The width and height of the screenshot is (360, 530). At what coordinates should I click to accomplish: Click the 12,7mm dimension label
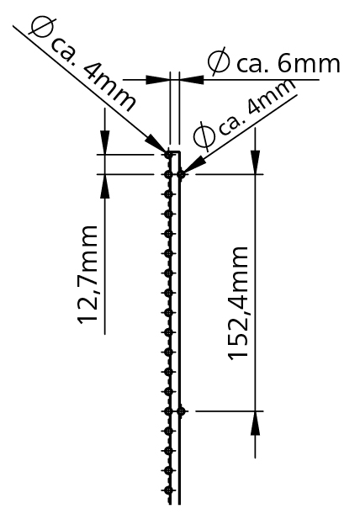coord(87,275)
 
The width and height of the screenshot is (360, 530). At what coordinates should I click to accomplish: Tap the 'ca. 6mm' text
coord(288,64)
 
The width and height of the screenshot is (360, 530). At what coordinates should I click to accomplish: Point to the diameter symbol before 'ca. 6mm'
coord(219,61)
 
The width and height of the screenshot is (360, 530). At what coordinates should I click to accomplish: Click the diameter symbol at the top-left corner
coord(40,26)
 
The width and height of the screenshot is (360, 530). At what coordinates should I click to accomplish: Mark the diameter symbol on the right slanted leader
coord(204,135)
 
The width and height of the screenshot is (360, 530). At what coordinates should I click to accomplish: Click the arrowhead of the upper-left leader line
coord(156,145)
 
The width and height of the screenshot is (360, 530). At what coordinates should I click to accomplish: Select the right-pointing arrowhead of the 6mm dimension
coord(157,80)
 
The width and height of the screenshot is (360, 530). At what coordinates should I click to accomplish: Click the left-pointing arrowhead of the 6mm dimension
coord(192,80)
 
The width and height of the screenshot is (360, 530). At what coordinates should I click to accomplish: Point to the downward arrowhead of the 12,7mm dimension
coord(105,142)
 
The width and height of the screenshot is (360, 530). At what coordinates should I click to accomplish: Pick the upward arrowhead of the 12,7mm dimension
coord(105,187)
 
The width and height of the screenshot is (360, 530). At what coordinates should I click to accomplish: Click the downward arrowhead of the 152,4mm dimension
coord(255,162)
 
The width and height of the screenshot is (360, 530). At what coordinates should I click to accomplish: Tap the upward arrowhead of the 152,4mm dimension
coord(255,423)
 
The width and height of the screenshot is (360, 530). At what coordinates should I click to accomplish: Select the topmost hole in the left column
coord(169,155)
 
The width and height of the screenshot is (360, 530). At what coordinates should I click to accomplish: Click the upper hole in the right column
coord(181,174)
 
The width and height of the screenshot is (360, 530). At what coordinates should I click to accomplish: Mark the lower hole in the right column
coord(181,411)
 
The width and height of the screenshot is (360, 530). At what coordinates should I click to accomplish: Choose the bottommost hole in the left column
coord(169,490)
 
